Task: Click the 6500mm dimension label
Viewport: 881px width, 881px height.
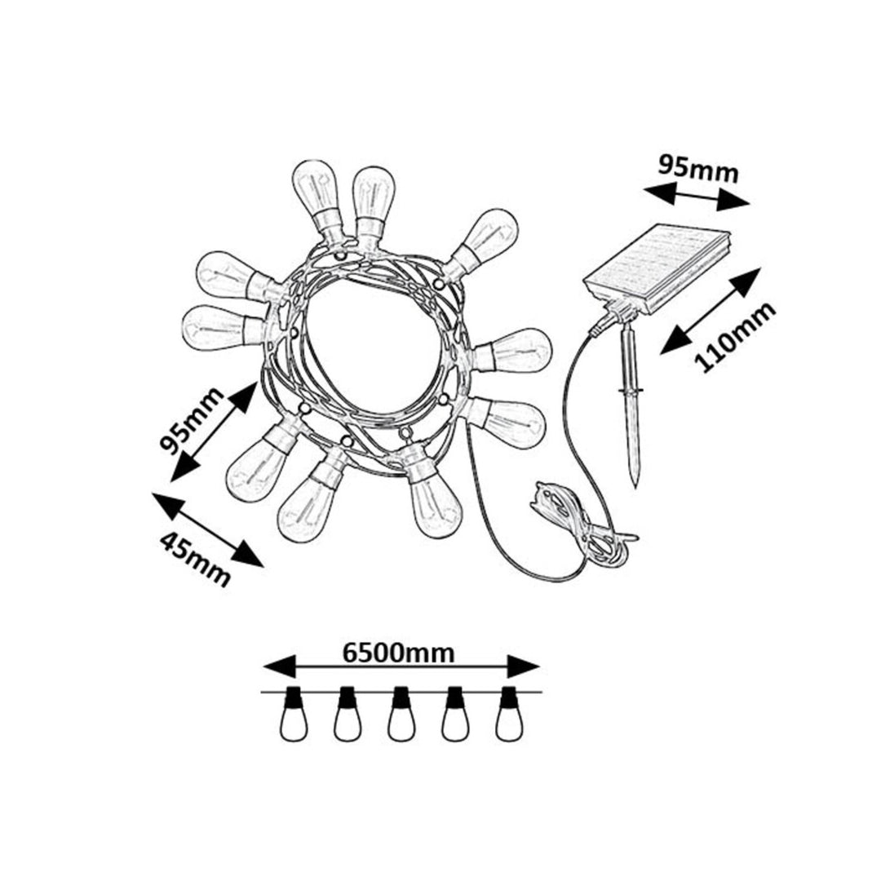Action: click(x=398, y=653)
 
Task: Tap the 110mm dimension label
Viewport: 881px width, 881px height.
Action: click(x=735, y=338)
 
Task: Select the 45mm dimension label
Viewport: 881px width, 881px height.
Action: click(x=195, y=559)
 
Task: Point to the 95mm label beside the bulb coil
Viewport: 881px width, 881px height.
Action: click(x=191, y=420)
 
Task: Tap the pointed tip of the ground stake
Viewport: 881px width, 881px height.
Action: click(x=635, y=487)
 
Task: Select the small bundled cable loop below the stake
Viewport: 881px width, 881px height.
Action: click(x=584, y=525)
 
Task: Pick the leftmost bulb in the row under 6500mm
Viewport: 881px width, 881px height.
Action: click(x=294, y=714)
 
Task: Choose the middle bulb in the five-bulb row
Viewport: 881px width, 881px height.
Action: click(x=401, y=714)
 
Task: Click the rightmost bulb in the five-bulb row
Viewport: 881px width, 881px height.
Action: click(x=509, y=714)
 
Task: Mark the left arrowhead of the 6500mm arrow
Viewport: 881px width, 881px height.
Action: click(x=279, y=667)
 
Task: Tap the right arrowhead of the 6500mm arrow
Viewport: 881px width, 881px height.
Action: click(x=524, y=667)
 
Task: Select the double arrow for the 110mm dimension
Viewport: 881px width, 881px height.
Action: click(x=711, y=311)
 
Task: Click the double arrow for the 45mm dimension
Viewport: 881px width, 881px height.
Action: click(x=207, y=530)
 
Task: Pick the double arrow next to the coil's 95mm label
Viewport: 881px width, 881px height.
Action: click(x=214, y=432)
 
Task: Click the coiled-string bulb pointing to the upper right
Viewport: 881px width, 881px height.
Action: click(x=482, y=239)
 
